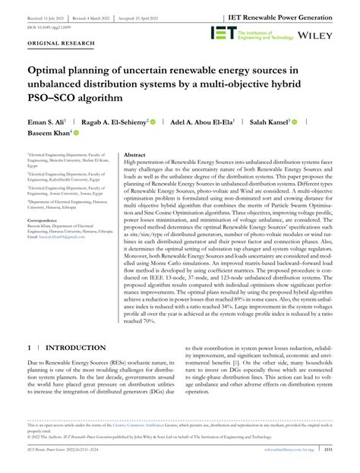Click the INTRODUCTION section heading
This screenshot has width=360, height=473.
tap(75, 348)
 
